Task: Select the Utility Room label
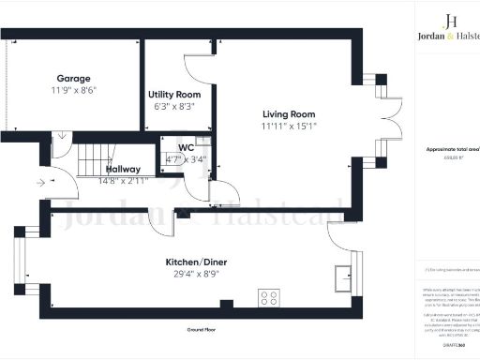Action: coord(174,96)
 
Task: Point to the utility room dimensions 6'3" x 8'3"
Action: coord(174,108)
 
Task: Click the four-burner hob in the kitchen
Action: coord(269,297)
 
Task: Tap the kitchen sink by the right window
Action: coord(342,277)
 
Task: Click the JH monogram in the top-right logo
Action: coord(451,21)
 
